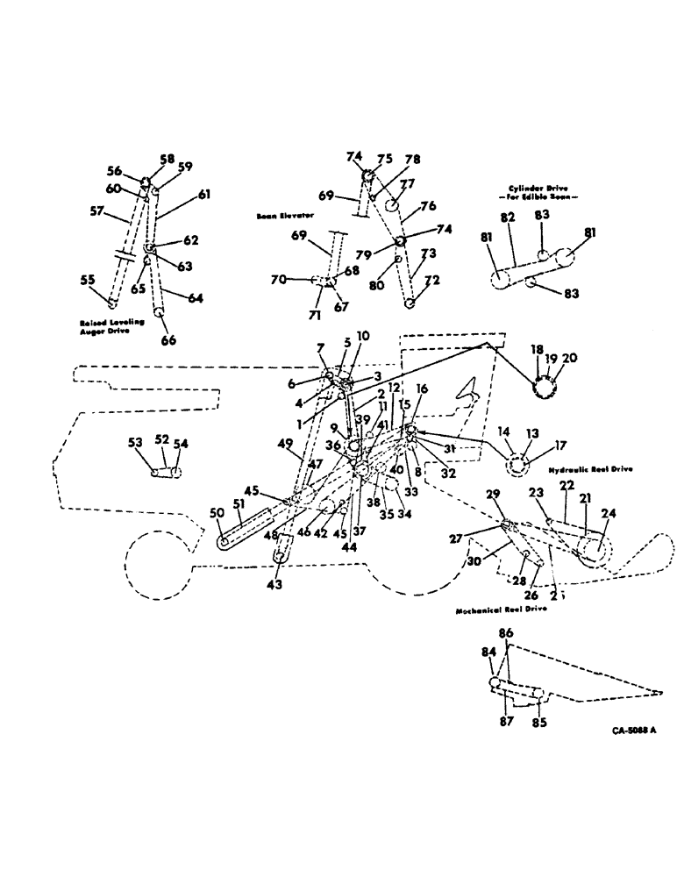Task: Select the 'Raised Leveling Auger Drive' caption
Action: tap(108, 328)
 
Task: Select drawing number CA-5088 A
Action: tap(633, 730)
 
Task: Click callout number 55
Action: tap(88, 280)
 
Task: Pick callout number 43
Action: tap(274, 585)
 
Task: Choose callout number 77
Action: tap(407, 185)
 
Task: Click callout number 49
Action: tap(286, 445)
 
